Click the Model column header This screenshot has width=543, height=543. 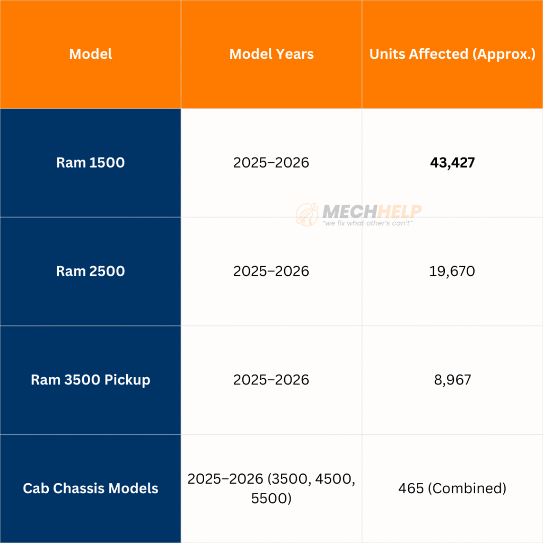coord(91,54)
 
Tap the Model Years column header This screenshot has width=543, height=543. coord(271,54)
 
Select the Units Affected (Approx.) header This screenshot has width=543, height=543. coord(452,54)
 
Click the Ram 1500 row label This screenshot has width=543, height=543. coord(91,162)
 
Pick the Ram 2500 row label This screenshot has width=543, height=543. coord(91,271)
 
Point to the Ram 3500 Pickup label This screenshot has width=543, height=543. coord(91,380)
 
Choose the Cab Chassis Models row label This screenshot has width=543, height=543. coord(91,488)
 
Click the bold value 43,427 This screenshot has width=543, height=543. coord(452,162)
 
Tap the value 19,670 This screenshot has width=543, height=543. coord(452,271)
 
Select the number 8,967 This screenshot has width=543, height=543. coord(452,380)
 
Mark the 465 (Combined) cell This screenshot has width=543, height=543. coord(452,488)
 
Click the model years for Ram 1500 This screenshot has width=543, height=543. coord(271,162)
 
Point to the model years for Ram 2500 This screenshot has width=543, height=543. coord(271,271)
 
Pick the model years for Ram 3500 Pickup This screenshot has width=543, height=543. coord(271,380)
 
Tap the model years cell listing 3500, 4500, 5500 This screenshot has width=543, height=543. coord(271,488)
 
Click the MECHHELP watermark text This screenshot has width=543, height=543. coord(372,212)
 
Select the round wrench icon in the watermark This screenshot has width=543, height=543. coord(307,215)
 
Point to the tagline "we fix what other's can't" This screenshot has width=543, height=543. coord(367,223)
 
